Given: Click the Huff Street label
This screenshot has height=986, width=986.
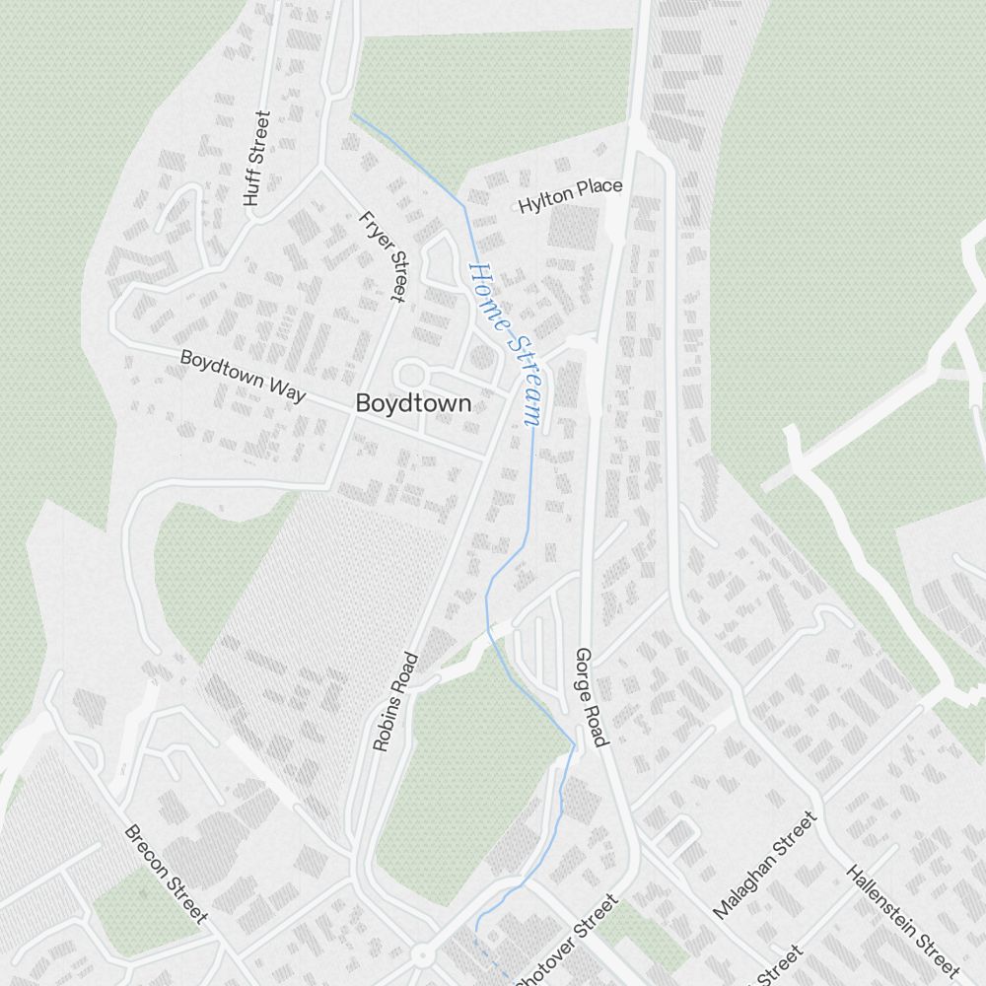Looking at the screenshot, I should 255,158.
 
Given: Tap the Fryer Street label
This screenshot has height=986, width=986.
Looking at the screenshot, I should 383,255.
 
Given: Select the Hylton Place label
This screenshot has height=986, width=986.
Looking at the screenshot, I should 570,195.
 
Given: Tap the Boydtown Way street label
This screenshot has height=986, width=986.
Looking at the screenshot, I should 243,374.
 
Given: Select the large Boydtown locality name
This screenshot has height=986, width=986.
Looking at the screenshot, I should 412,403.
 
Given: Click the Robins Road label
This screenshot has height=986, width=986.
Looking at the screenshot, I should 396,702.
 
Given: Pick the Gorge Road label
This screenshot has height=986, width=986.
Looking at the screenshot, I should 593,697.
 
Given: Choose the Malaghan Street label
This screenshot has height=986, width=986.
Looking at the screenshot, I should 765,865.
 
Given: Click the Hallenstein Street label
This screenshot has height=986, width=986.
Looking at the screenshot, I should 902,917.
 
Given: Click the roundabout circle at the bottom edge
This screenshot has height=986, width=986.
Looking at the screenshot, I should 422,955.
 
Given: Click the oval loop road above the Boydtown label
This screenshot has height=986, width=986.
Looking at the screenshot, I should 412,375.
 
